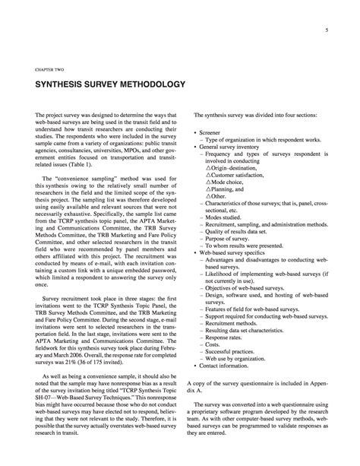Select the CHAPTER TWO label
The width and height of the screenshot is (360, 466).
pos(49,66)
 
